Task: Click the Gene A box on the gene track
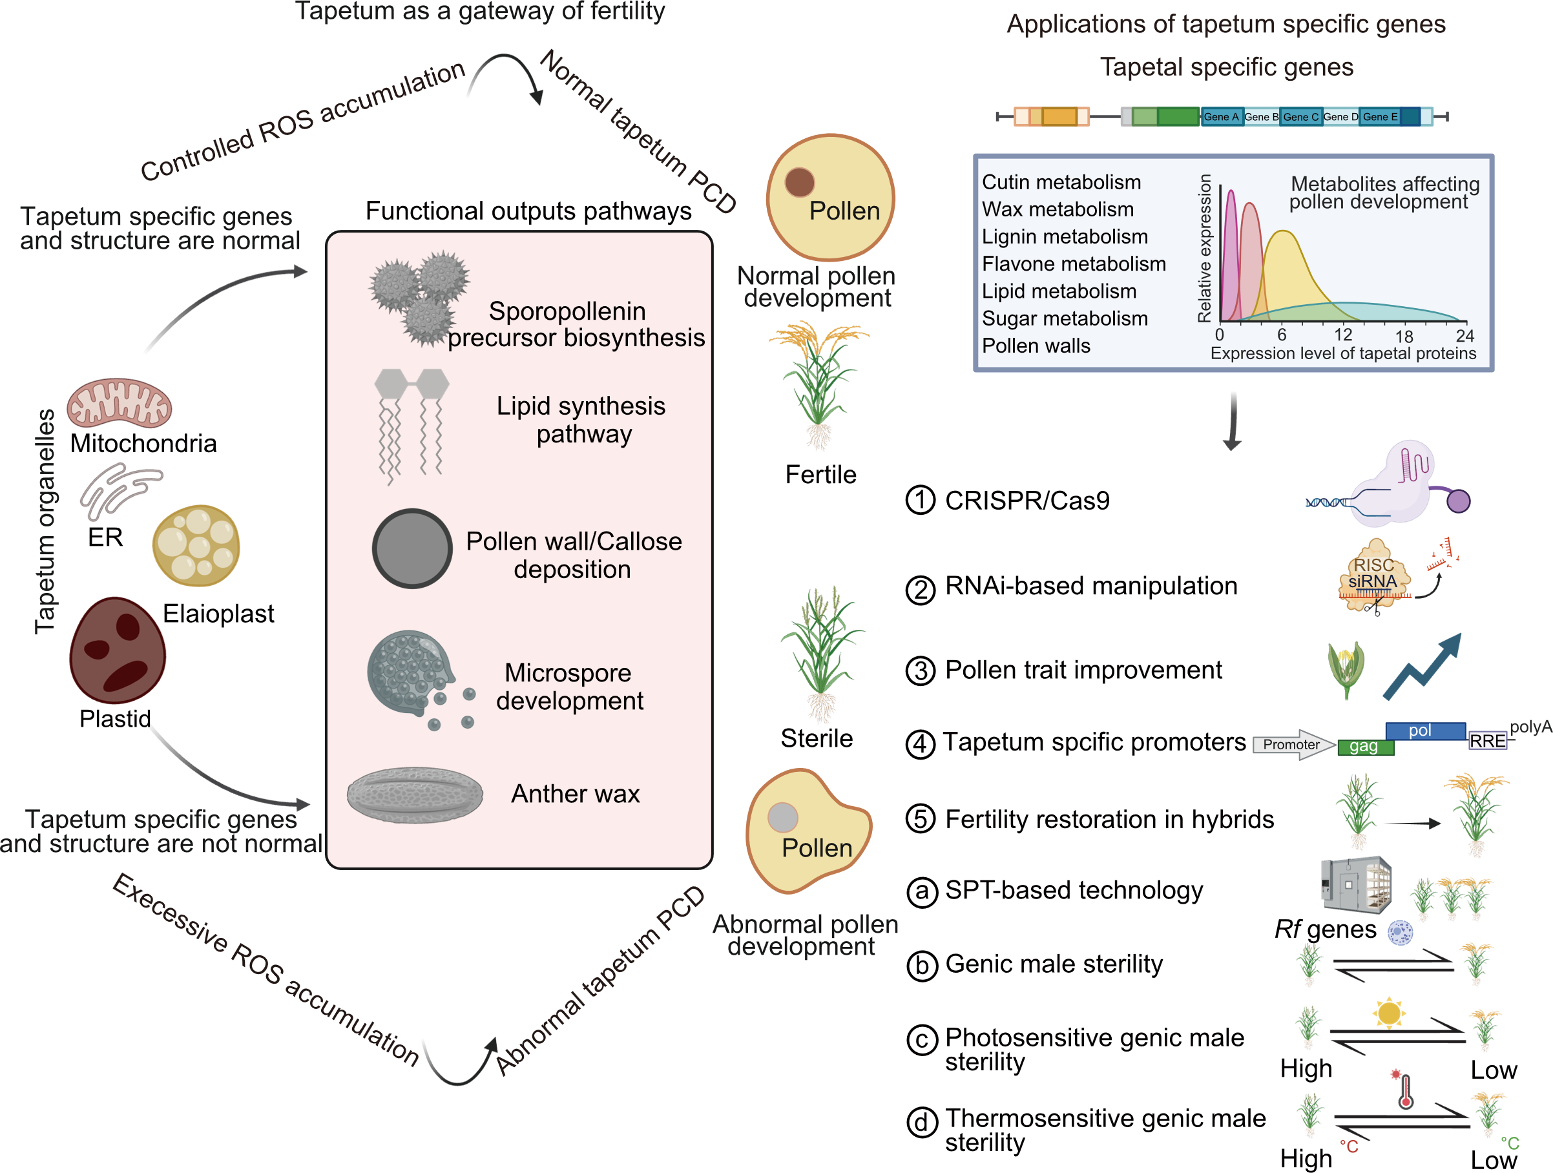click(1221, 117)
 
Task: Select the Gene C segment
click(1300, 117)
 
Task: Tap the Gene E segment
click(1381, 117)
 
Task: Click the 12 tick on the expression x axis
click(1342, 335)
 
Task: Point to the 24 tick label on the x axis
click(1464, 335)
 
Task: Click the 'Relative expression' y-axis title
click(1205, 249)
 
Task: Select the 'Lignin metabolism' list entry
click(1065, 237)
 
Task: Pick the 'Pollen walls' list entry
click(1036, 346)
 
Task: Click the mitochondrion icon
click(120, 404)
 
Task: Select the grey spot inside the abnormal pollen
click(783, 816)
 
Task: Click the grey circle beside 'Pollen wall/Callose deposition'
click(412, 548)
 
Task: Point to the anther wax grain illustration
click(415, 794)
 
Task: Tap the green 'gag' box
click(1365, 747)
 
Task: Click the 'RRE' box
click(1488, 742)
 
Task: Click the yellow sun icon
click(1388, 1013)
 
